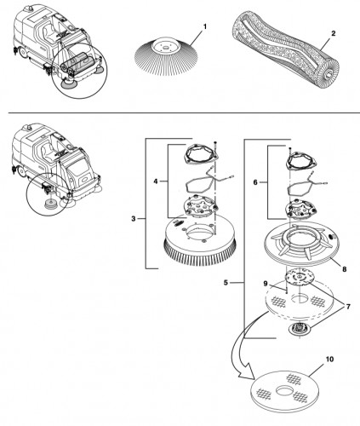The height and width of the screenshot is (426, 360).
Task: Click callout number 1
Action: point(204,26)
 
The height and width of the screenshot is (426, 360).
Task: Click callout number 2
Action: point(334,33)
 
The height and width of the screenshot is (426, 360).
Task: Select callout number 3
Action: point(134,219)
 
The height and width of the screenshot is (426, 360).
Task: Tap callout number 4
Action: point(156,181)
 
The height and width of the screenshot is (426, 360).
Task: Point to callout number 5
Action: point(226,283)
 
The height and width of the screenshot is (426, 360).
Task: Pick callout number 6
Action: point(255,182)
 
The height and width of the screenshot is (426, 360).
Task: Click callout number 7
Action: point(348,307)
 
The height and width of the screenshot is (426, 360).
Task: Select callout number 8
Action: point(345,268)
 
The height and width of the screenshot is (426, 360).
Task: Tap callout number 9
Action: point(266,284)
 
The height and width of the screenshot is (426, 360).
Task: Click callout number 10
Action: point(329,360)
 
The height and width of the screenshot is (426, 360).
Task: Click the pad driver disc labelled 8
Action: point(300,244)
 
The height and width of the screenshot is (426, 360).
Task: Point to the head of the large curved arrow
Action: point(246,376)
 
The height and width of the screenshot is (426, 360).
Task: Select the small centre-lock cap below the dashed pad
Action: point(300,330)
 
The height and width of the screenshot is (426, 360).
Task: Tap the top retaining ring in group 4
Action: point(201,155)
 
